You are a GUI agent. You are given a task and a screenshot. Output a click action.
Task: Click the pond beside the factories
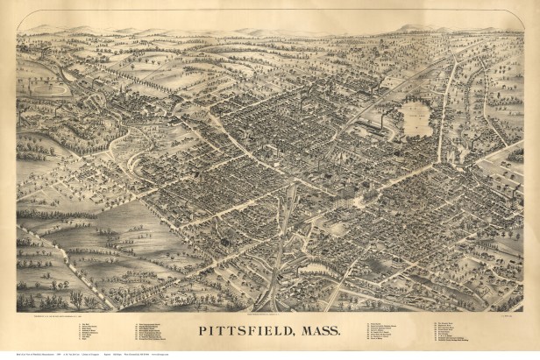(x=416, y=117)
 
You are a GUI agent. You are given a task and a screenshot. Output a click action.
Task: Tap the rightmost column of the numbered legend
(x=456, y=332)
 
